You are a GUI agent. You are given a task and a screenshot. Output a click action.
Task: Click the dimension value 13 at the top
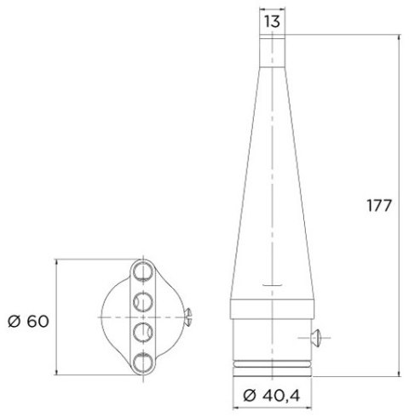pos(272,21)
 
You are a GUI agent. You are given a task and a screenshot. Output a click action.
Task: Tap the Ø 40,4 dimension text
pos(272,396)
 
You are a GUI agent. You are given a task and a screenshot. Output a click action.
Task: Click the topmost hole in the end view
pos(142,272)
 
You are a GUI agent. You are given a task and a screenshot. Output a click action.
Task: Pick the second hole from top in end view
pos(142,301)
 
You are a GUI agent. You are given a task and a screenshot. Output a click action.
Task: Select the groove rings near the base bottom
pos(272,365)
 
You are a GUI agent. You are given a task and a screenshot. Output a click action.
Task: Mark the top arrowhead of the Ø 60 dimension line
pos(56,263)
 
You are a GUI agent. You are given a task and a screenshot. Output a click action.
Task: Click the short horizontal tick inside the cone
pos(272,283)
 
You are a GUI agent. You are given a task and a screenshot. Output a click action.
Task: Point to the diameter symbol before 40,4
pos(248,396)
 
